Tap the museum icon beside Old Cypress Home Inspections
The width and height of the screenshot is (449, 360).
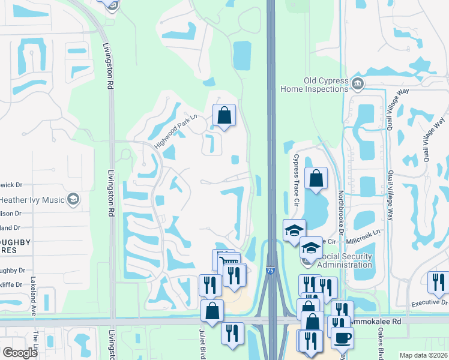click(x=358, y=83)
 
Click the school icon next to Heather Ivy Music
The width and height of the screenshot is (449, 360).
click(x=73, y=199)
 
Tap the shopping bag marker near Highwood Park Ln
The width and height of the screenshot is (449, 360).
click(x=224, y=115)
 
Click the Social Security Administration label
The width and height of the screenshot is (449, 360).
click(x=344, y=260)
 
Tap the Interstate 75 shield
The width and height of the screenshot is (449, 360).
click(x=271, y=271)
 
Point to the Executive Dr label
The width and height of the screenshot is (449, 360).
click(x=429, y=304)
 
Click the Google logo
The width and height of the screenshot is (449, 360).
click(x=20, y=352)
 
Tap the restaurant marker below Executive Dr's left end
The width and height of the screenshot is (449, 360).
click(x=437, y=281)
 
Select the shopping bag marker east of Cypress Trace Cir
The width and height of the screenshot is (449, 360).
click(x=316, y=177)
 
